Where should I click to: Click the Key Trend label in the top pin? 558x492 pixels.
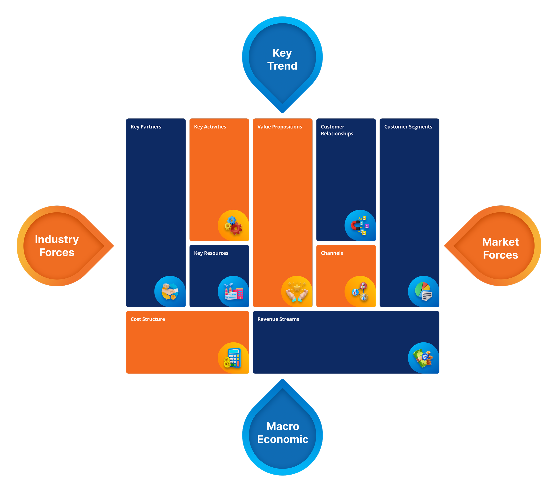pyautogui.click(x=282, y=59)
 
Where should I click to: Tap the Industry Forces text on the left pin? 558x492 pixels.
pyautogui.click(x=57, y=246)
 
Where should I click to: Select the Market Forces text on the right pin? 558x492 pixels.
pyautogui.click(x=500, y=248)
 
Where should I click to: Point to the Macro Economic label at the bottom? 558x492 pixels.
pyautogui.click(x=283, y=433)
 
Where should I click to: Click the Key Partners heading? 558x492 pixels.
pyautogui.click(x=146, y=127)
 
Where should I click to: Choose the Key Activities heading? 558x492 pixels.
pyautogui.click(x=210, y=127)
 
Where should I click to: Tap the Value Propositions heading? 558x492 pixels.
pyautogui.click(x=279, y=127)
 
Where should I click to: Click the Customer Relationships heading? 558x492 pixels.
pyautogui.click(x=337, y=130)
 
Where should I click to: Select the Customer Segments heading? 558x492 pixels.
pyautogui.click(x=408, y=127)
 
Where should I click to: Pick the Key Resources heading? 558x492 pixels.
pyautogui.click(x=211, y=253)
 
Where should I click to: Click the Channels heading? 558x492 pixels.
pyautogui.click(x=332, y=253)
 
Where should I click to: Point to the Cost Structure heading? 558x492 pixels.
pyautogui.click(x=148, y=319)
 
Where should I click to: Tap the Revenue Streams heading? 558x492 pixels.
pyautogui.click(x=278, y=319)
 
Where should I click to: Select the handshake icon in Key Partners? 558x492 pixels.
pyautogui.click(x=170, y=291)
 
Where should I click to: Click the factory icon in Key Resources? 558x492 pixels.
pyautogui.click(x=233, y=291)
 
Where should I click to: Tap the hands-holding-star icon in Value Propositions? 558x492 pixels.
pyautogui.click(x=297, y=291)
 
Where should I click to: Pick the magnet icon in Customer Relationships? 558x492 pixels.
pyautogui.click(x=360, y=225)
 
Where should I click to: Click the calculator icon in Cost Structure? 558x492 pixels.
pyautogui.click(x=233, y=358)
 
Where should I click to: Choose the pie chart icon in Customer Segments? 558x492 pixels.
pyautogui.click(x=423, y=291)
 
